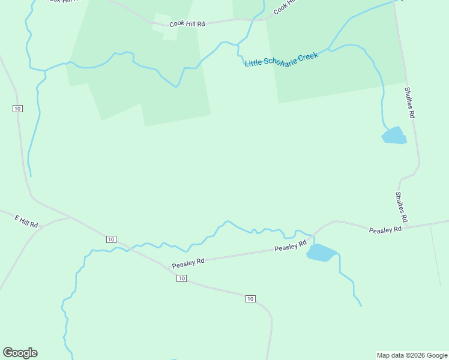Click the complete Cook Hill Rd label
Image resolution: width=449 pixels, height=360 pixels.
tap(187, 24)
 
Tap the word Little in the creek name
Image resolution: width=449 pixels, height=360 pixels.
tap(253, 62)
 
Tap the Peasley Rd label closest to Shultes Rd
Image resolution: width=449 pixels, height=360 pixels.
tap(385, 230)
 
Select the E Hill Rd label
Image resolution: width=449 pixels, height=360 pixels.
tap(26, 221)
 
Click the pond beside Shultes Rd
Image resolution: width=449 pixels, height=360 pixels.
tap(394, 136)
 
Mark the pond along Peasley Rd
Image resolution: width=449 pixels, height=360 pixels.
tap(321, 253)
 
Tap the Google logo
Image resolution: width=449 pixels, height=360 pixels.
tap(20, 353)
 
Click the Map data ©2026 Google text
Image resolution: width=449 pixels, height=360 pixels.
tap(412, 355)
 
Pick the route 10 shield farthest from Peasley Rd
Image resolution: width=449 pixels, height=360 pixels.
tap(17, 108)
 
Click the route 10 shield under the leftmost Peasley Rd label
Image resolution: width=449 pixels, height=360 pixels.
tap(181, 278)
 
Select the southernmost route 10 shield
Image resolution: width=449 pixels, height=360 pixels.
tap(250, 299)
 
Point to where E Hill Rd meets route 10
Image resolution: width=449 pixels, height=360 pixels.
tap(70, 217)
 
